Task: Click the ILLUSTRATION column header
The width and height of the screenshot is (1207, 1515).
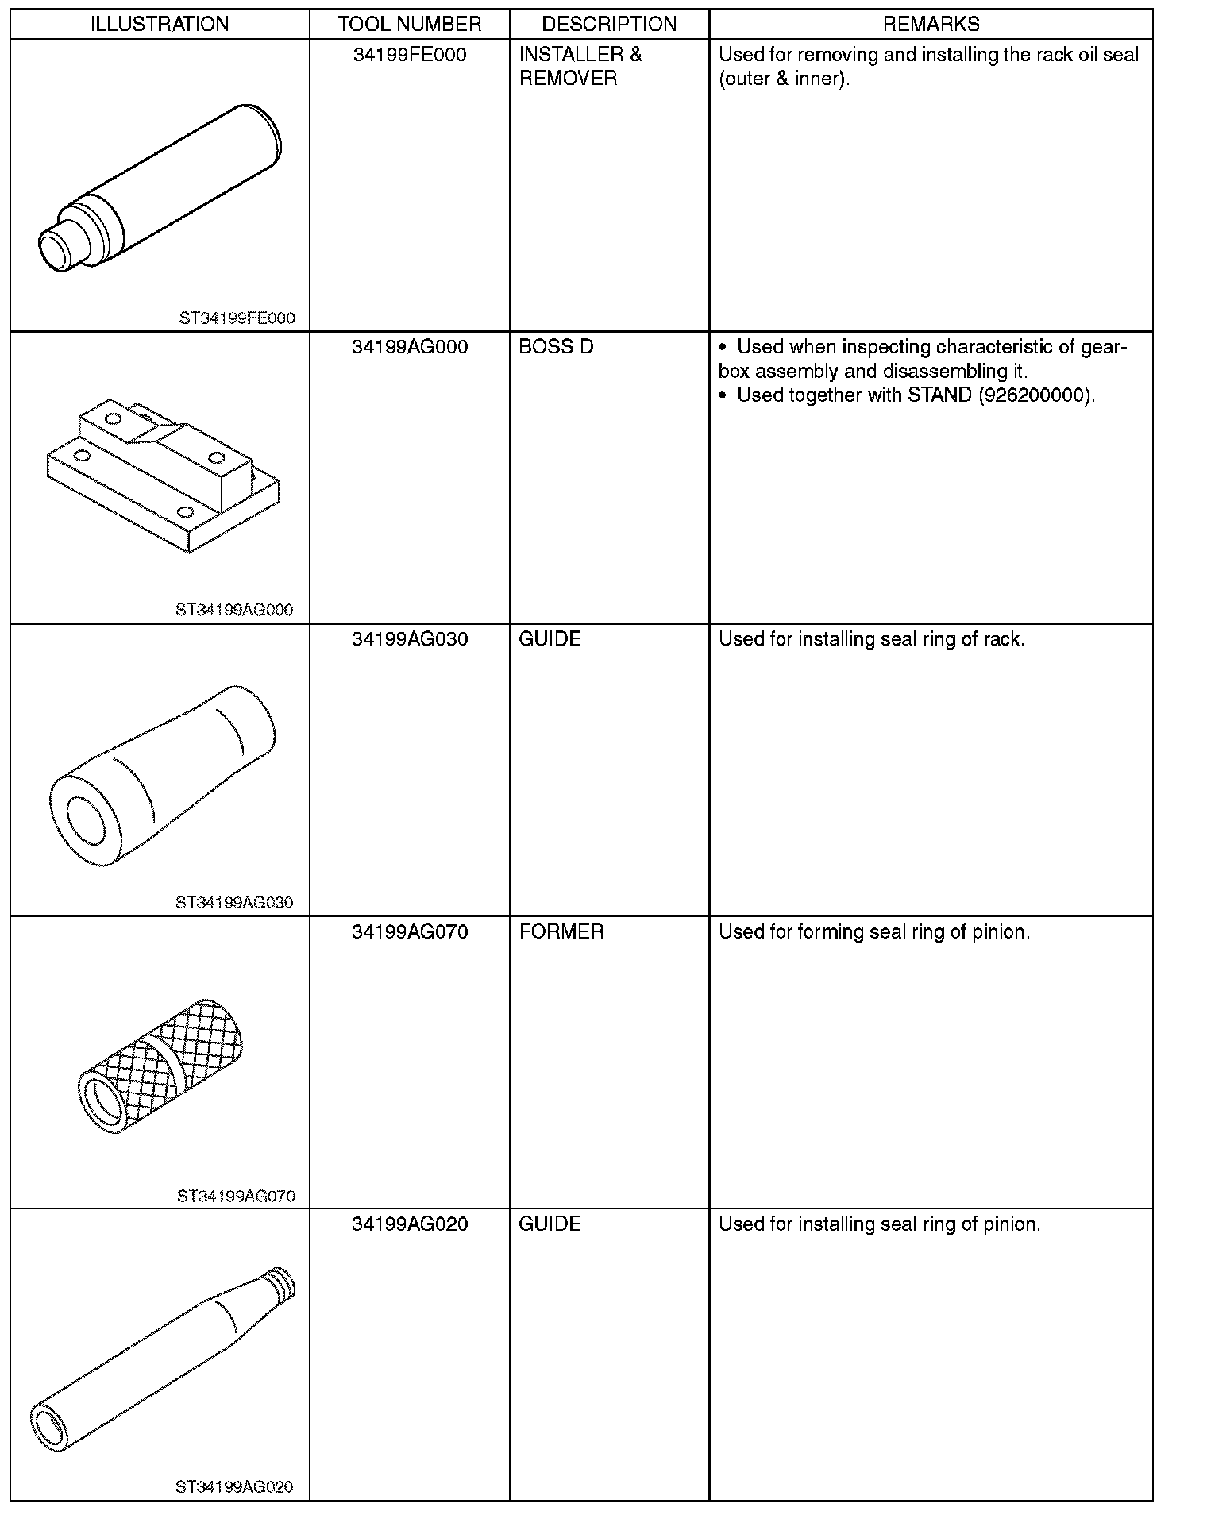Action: click(x=160, y=24)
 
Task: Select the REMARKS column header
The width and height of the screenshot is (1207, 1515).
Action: click(x=931, y=24)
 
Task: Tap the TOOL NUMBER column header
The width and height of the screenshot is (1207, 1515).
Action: click(x=409, y=24)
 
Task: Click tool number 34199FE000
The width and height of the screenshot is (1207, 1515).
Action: click(x=409, y=55)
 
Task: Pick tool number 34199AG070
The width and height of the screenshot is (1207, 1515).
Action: click(x=409, y=931)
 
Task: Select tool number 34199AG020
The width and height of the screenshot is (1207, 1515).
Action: click(x=409, y=1224)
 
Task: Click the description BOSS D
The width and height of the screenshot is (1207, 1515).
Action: click(x=556, y=347)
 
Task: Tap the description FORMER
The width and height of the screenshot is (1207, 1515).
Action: click(x=561, y=931)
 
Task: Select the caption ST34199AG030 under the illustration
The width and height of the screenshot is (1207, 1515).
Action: click(x=234, y=903)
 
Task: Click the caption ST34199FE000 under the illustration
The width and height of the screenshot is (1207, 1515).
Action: click(x=237, y=318)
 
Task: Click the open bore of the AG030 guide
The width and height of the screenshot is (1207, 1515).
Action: click(x=86, y=819)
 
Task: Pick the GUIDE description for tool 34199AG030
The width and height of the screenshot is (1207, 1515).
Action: click(x=550, y=639)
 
